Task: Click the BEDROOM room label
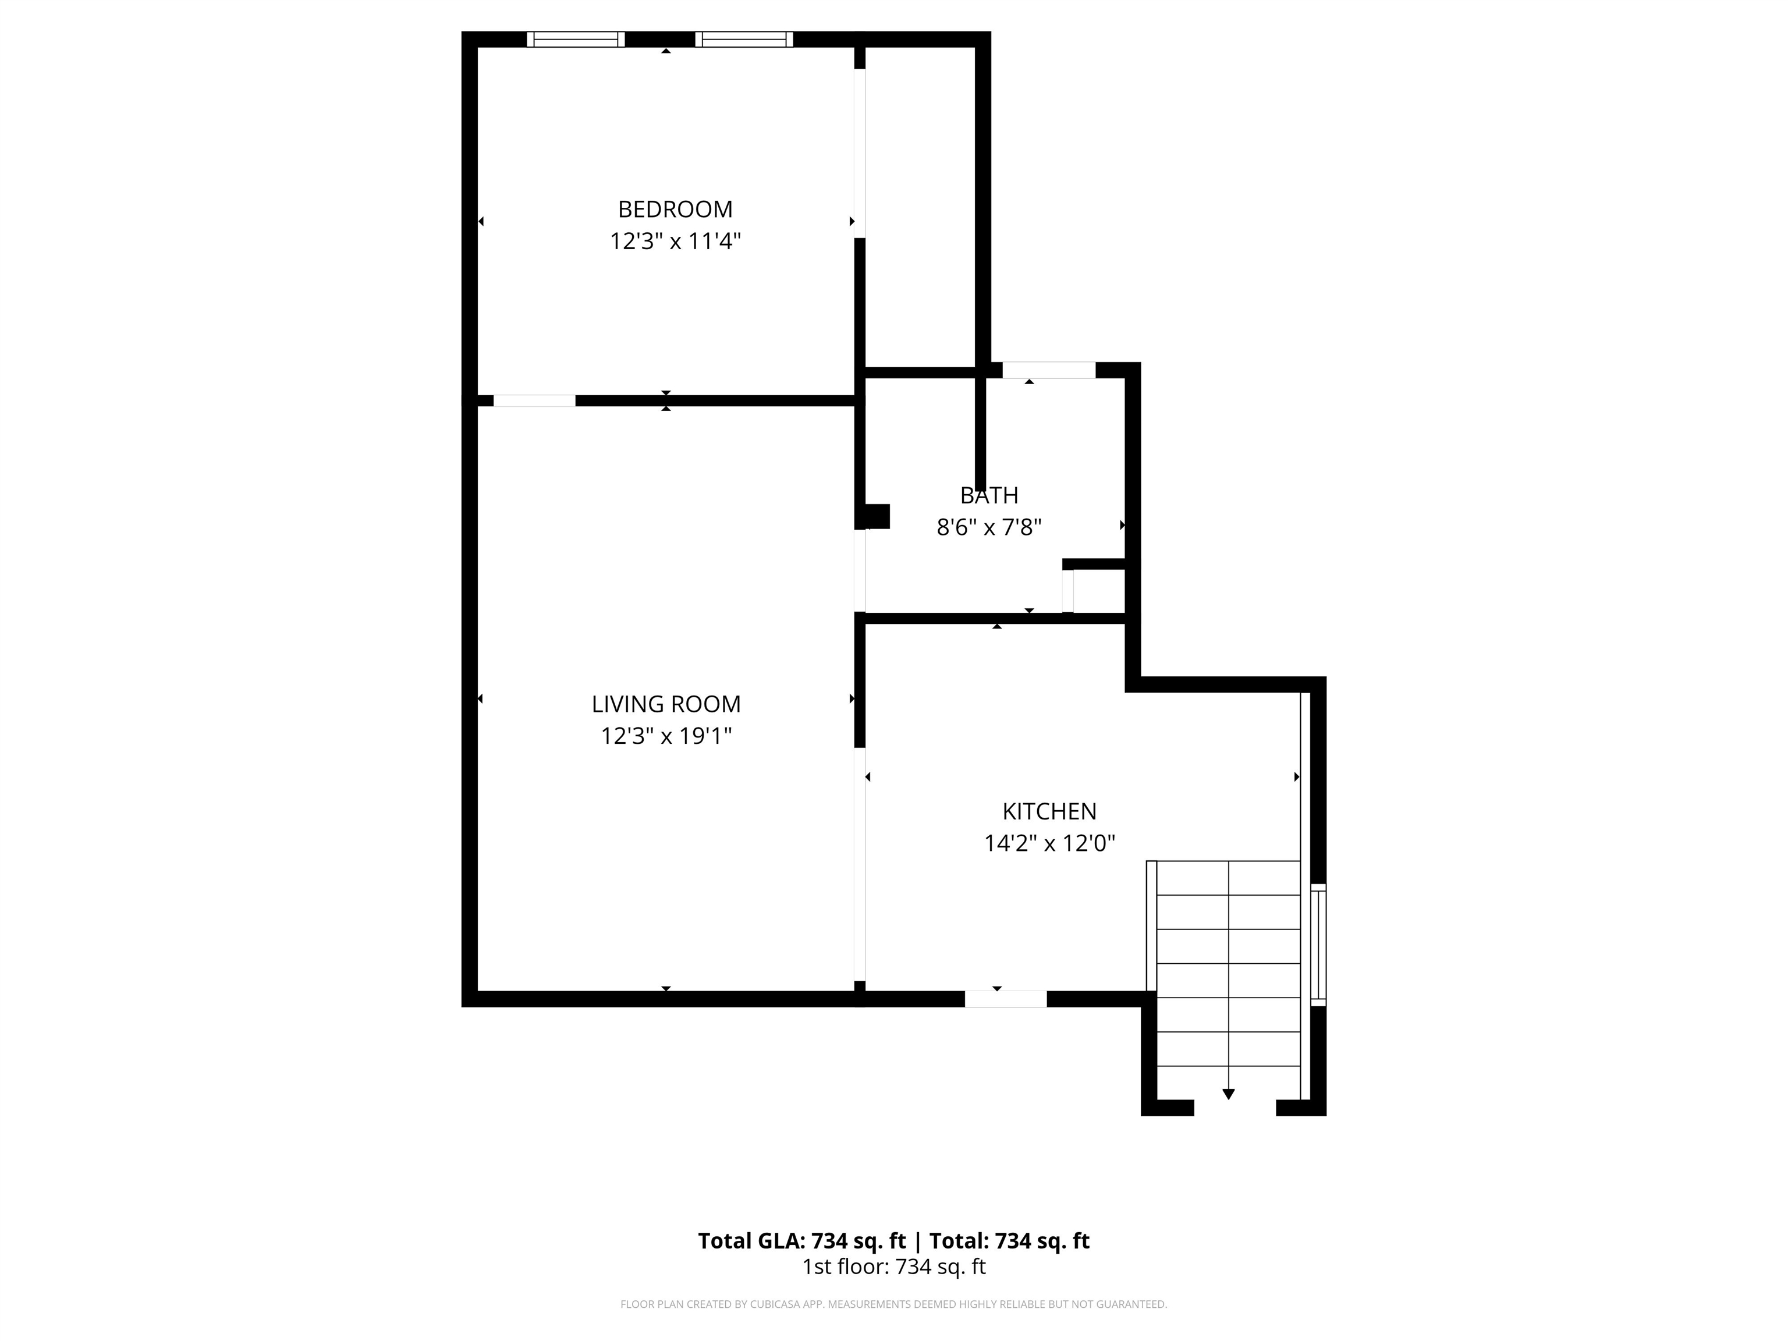675,210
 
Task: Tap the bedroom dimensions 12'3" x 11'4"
675,241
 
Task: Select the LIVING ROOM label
666,704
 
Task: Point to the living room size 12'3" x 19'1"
666,736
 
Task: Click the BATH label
989,495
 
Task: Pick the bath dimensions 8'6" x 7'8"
989,527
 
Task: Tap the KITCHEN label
1049,811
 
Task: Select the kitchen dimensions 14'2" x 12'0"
1049,843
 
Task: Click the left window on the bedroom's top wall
576,39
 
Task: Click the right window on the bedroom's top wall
744,39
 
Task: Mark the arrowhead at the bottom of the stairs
1229,1094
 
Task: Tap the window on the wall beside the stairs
1318,945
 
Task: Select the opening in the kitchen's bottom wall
1006,999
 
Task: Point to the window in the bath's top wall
1049,370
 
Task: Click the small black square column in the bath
877,516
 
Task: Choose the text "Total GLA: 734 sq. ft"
802,1241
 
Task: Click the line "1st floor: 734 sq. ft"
894,1266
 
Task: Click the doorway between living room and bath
860,570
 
